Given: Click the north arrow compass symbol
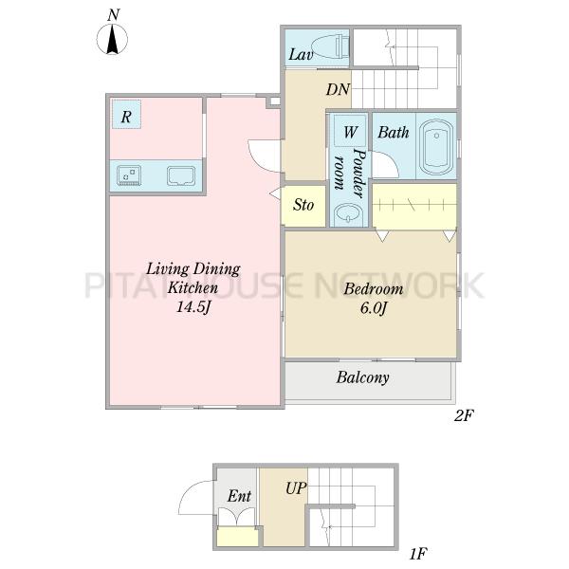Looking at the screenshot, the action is (113, 39).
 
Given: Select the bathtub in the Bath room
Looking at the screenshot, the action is (436, 147).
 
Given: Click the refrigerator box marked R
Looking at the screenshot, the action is (126, 114).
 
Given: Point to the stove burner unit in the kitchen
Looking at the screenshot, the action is (129, 175).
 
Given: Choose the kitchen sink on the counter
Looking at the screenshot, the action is (181, 175).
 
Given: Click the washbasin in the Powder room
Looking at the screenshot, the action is (348, 213).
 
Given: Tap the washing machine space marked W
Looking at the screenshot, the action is (350, 131).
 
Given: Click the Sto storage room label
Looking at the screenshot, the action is (303, 205).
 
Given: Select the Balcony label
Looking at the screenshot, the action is (362, 377).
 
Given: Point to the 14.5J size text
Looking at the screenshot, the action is (193, 307).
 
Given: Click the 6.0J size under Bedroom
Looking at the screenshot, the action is (374, 308).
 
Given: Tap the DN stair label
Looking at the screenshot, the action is (338, 89).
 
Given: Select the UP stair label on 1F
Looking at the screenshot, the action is (296, 488).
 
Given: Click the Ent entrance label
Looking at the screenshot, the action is (239, 496).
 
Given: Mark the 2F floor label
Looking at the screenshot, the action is (464, 416).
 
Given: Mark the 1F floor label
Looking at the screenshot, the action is (417, 554).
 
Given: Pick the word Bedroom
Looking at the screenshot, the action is (374, 289).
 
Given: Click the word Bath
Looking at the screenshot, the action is (394, 132).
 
